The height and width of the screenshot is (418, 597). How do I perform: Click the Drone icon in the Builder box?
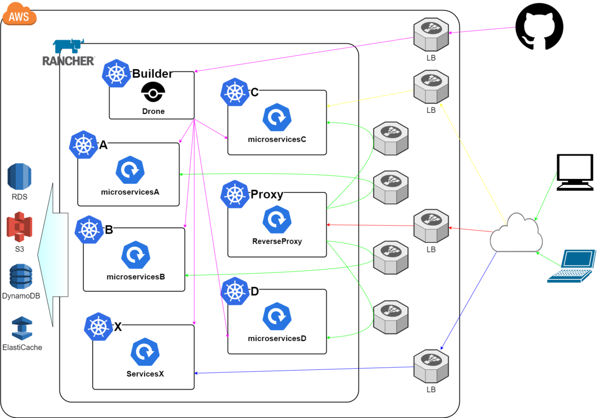pos(153,93)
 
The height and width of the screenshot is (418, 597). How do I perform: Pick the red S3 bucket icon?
pos(19,227)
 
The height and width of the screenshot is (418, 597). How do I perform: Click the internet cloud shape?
pos(516,233)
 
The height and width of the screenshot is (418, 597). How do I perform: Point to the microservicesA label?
pos(130,191)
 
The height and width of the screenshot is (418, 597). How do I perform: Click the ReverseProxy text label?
pos(277,242)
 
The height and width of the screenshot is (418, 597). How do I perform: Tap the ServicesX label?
pos(145,374)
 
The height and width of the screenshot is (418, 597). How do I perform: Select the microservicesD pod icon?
pos(277,317)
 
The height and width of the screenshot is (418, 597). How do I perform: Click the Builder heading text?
pos(152,74)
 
